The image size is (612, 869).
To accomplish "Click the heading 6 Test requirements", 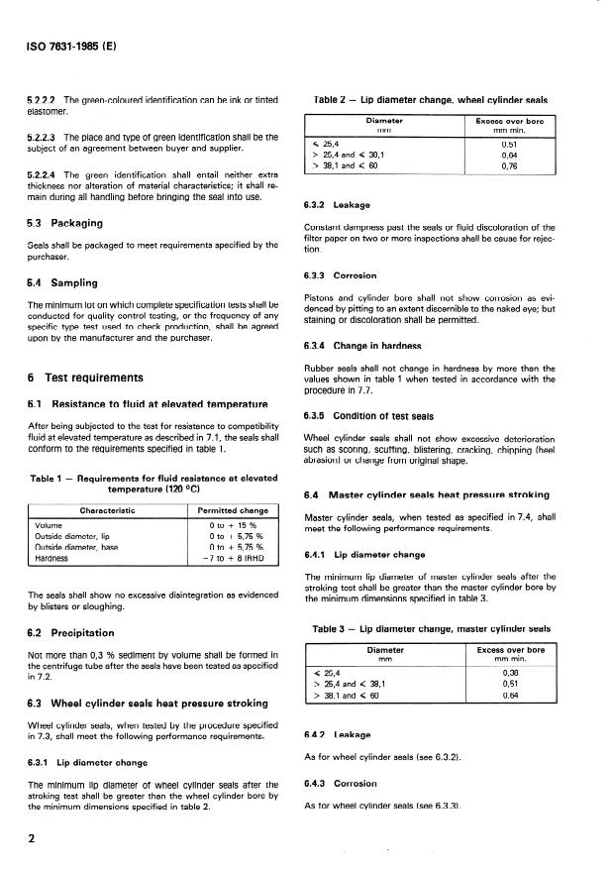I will [x=86, y=378].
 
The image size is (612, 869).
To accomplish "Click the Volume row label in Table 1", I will [x=49, y=526].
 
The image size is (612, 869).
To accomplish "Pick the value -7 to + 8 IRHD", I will [x=232, y=559].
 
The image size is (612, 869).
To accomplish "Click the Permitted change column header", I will [x=233, y=510].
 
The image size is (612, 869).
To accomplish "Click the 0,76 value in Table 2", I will [x=510, y=166].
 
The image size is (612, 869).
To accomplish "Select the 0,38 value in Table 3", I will [x=510, y=675].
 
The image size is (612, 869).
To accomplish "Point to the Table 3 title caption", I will [x=431, y=628].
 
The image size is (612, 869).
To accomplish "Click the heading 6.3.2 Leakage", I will [x=343, y=205].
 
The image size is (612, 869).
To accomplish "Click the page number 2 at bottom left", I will [x=33, y=840].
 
